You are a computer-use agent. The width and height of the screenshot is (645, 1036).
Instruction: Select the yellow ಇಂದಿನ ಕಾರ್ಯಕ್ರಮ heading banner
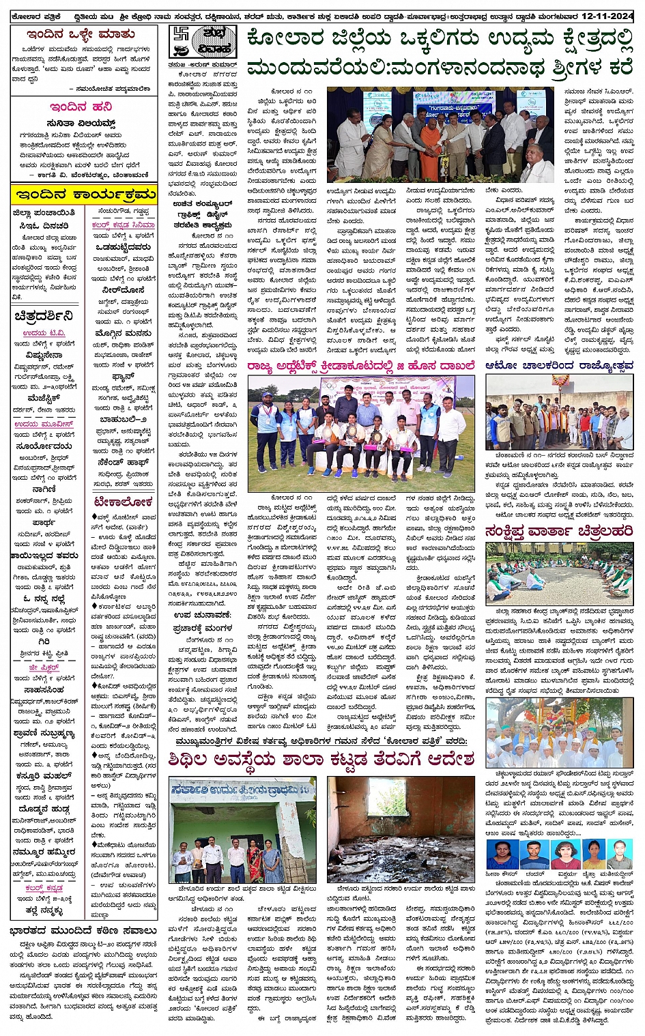pos(84,194)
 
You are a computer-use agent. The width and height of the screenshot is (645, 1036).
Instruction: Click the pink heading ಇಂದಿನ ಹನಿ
pos(81,107)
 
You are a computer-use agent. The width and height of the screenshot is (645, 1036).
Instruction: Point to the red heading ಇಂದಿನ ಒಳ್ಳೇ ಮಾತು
pos(81,34)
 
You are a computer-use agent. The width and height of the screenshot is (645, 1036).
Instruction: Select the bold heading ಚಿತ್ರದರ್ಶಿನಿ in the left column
pos(44,316)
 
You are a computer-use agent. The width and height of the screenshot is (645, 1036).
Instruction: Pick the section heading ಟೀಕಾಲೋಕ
pos(123,502)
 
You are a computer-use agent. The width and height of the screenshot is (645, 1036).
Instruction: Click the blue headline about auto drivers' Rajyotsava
pos(559,366)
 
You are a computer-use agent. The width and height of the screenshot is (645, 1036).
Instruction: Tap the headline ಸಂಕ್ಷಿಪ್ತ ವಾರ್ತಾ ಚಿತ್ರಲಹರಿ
pos(559,530)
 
